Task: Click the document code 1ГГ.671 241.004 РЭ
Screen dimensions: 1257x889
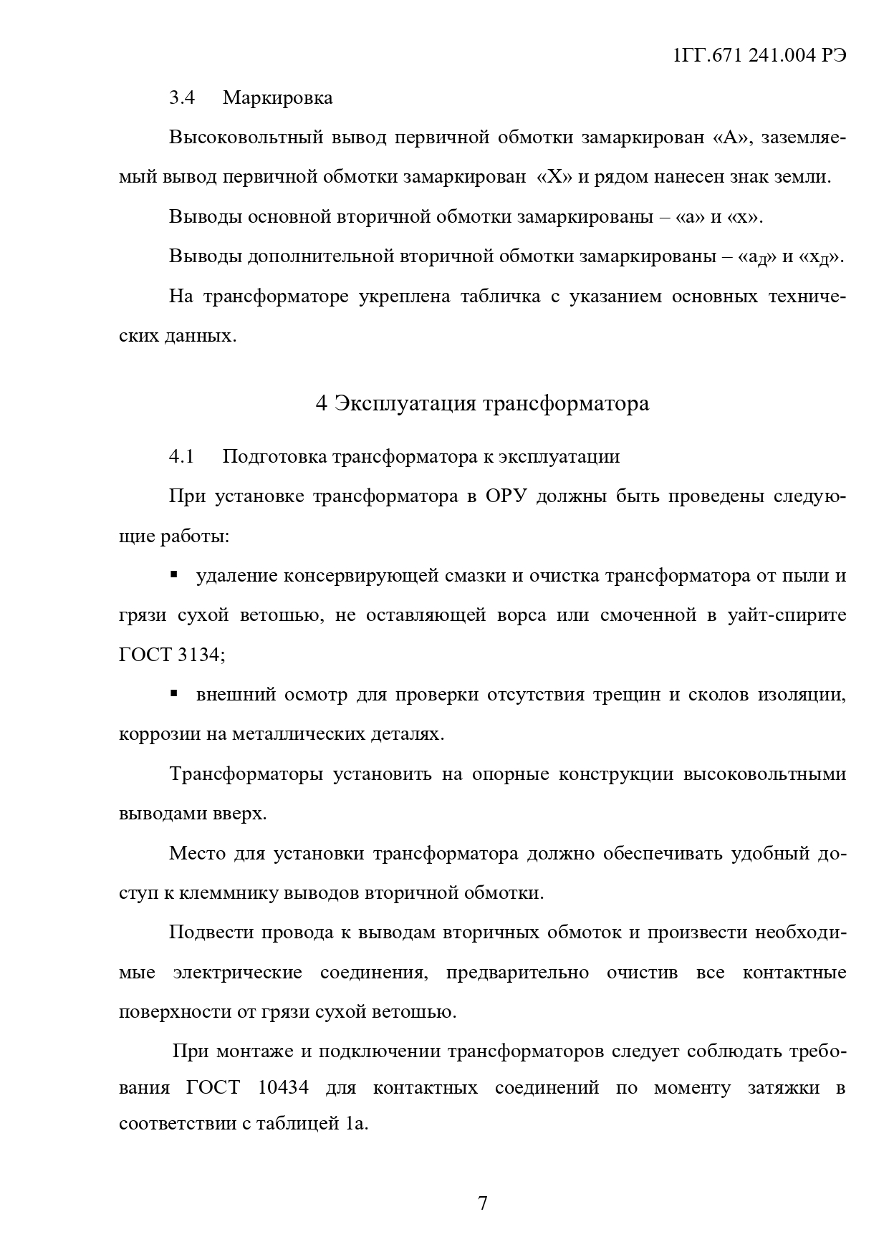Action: (760, 57)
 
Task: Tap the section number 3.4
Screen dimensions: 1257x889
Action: (182, 98)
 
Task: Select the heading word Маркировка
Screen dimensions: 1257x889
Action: (277, 98)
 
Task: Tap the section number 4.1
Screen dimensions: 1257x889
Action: (182, 456)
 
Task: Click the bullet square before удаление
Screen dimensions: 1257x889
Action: (173, 574)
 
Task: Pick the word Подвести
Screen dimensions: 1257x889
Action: (210, 933)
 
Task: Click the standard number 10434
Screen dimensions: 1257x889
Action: (283, 1088)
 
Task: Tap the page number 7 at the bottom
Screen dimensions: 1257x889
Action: (482, 1203)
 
